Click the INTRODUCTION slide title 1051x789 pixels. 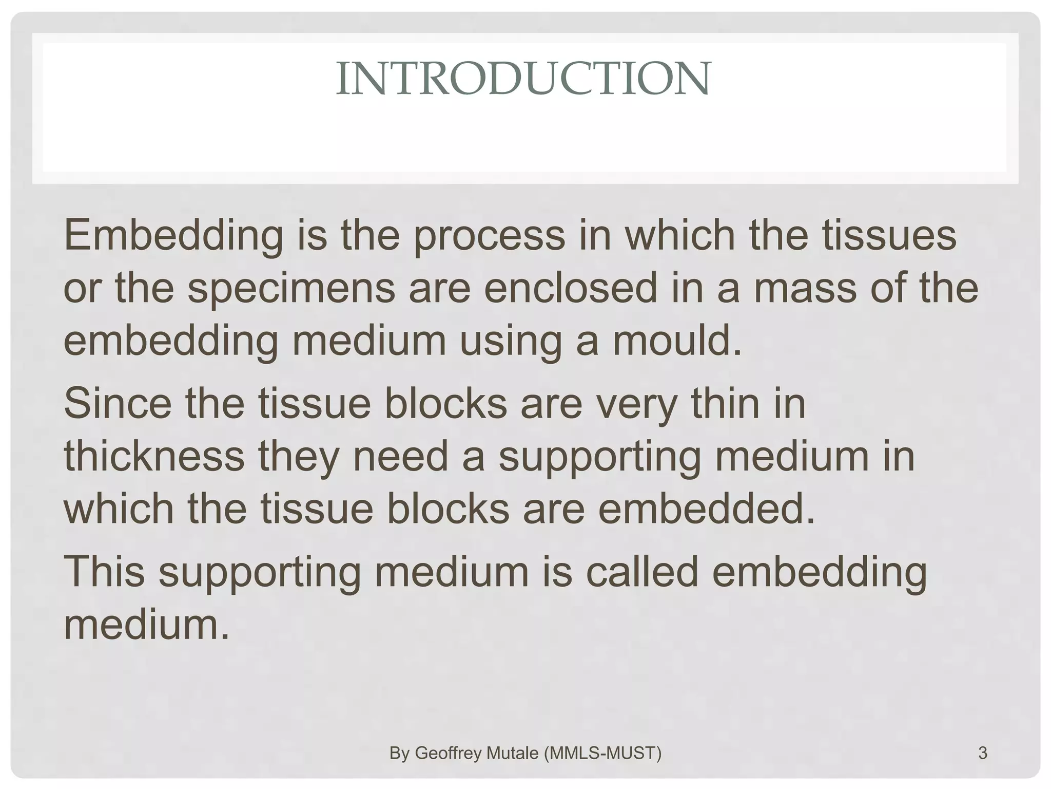(523, 79)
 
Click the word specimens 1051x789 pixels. (291, 289)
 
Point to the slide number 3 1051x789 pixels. (983, 753)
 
